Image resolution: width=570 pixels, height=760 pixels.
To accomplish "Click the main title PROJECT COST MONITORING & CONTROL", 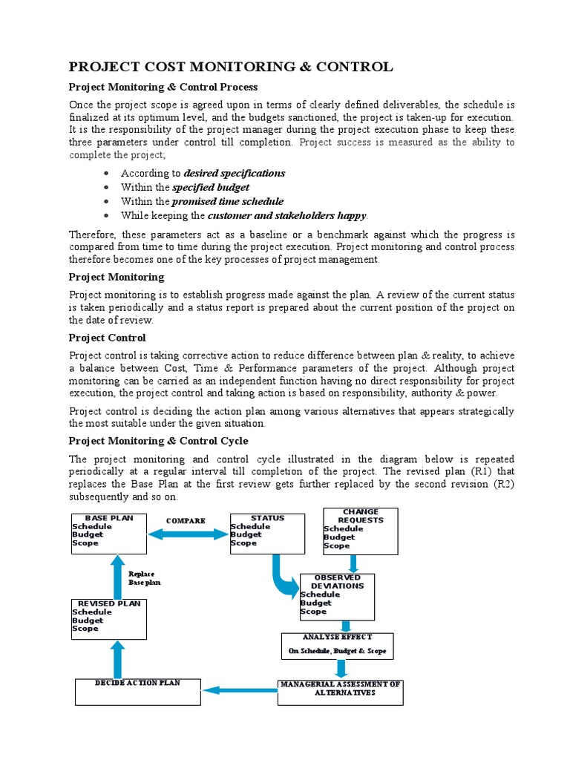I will (231, 68).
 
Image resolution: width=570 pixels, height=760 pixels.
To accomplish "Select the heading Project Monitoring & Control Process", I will (163, 88).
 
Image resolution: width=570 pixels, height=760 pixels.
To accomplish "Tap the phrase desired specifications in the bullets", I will (234, 173).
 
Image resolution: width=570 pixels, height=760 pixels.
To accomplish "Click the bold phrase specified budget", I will (211, 187).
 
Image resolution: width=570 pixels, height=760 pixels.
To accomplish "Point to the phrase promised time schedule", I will (227, 201).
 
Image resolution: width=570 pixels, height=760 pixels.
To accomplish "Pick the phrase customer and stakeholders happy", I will (286, 215).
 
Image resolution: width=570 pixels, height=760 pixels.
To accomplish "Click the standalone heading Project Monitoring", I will (117, 277).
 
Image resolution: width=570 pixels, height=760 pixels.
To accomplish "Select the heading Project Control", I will (107, 338).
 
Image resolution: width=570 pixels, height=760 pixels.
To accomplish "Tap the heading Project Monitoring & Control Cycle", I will (158, 441).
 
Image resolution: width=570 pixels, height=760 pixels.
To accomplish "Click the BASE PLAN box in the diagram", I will (108, 533).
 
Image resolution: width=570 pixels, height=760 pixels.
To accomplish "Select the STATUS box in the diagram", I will (267, 533).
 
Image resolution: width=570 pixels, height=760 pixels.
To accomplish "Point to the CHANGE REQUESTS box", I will (361, 530).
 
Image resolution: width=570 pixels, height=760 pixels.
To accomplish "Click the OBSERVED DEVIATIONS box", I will (337, 595).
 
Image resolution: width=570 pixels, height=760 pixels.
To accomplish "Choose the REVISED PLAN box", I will (108, 617).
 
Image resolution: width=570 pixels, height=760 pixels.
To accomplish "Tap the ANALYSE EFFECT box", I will (337, 645).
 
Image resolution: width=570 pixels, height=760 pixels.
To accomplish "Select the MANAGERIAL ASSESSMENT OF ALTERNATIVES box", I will (339, 692).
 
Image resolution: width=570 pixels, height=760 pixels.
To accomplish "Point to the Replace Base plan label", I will (144, 578).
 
